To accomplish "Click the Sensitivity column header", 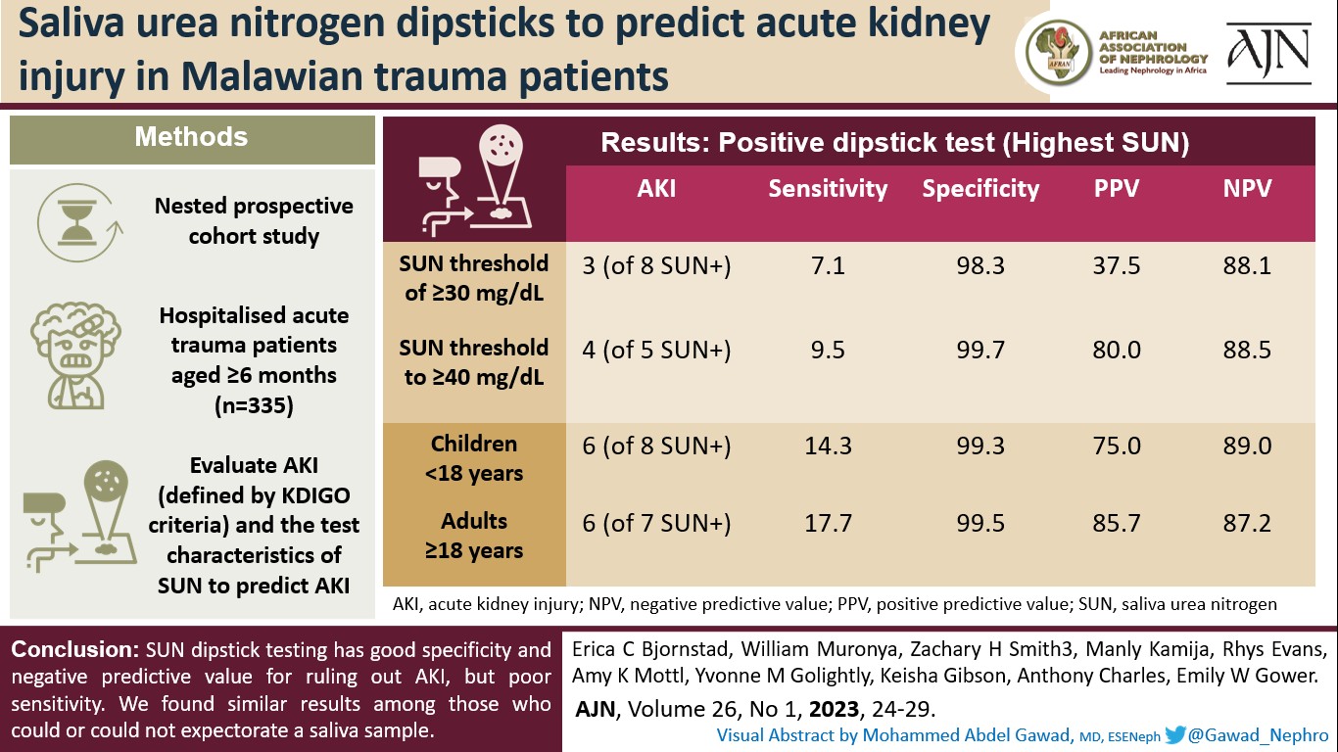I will pyautogui.click(x=828, y=189).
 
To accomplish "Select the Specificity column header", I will pyautogui.click(x=980, y=189).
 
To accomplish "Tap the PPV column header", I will pyautogui.click(x=1117, y=189).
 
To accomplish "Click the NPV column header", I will pyautogui.click(x=1248, y=189).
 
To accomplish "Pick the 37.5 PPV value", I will pyautogui.click(x=1117, y=266).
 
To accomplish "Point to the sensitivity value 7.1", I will pyautogui.click(x=828, y=266).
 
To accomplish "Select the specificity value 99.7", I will pyautogui.click(x=981, y=351).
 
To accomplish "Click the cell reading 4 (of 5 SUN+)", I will pyautogui.click(x=656, y=351).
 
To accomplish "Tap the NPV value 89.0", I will pyautogui.click(x=1248, y=446).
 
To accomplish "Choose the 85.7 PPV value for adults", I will pyautogui.click(x=1117, y=524).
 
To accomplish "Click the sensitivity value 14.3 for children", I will pyautogui.click(x=828, y=446).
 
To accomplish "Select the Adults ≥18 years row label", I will pyautogui.click(x=474, y=536).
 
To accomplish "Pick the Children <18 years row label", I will pyautogui.click(x=474, y=458).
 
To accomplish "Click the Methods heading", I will pyautogui.click(x=191, y=137).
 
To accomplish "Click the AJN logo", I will pyautogui.click(x=1268, y=54).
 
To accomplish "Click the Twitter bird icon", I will pyautogui.click(x=1175, y=734).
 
